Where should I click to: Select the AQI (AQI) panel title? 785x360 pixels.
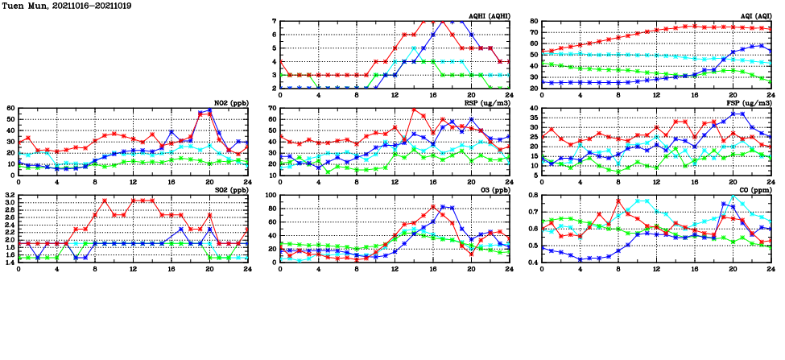click(x=754, y=16)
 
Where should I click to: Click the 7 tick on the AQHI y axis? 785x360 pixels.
click(x=275, y=22)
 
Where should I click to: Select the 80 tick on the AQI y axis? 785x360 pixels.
click(x=533, y=22)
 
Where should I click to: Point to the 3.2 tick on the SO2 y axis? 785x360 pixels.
click(x=9, y=196)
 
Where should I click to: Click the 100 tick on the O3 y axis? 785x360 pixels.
click(x=271, y=196)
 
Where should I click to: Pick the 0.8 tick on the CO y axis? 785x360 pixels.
click(x=532, y=196)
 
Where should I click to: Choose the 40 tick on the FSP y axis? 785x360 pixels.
click(x=533, y=108)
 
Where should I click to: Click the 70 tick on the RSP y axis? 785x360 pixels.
click(x=272, y=108)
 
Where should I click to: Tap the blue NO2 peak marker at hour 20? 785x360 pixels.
click(x=210, y=110)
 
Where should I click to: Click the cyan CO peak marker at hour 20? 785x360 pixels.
click(x=733, y=197)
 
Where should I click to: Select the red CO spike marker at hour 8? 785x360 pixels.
click(x=618, y=201)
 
